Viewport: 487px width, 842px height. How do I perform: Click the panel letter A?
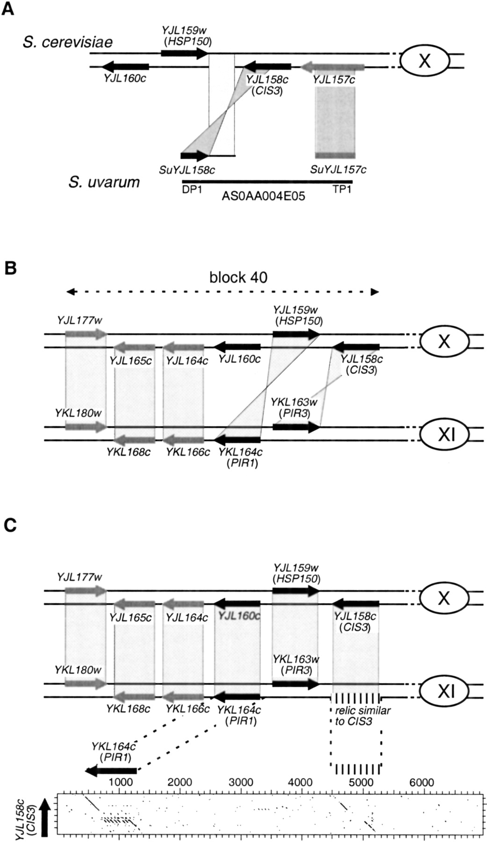click(7, 9)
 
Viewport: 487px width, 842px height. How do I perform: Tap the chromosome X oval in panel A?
click(424, 61)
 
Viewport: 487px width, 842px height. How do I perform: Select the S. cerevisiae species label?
click(68, 42)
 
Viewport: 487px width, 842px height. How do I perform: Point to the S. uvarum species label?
click(104, 181)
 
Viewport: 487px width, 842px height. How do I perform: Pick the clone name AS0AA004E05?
click(263, 196)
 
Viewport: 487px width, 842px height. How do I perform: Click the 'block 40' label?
click(238, 277)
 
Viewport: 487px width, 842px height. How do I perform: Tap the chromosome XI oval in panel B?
click(444, 435)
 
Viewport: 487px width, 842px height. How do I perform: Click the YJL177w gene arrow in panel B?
click(85, 334)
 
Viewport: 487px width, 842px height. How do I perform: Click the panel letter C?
click(9, 525)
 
